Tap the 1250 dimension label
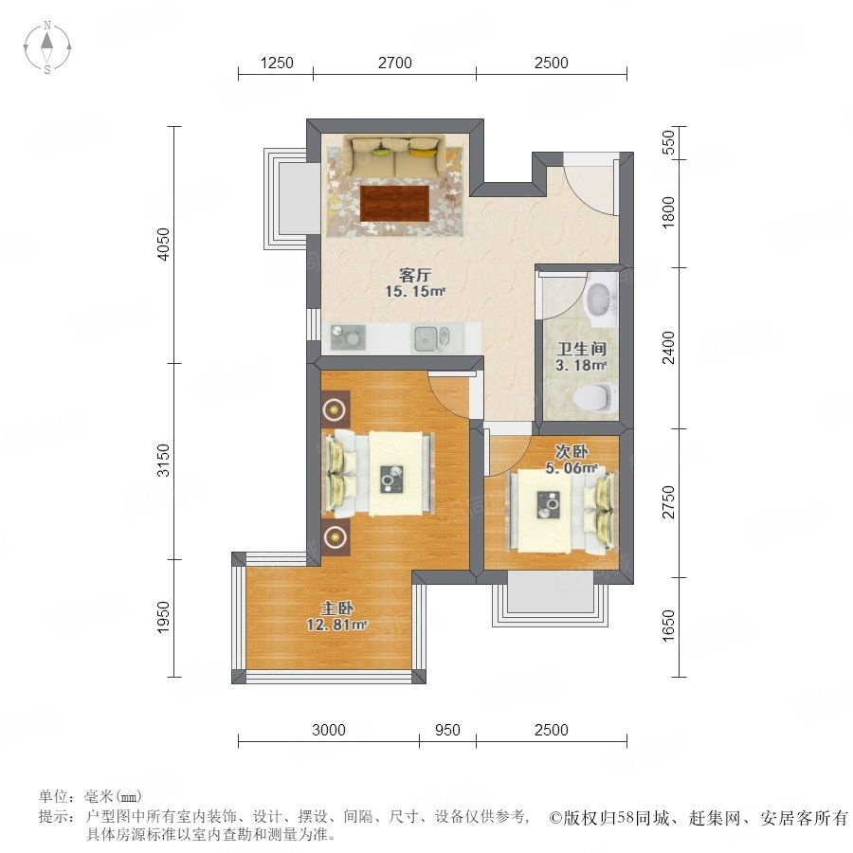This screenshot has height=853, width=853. [277, 64]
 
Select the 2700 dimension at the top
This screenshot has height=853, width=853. [395, 64]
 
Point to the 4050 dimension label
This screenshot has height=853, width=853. [163, 245]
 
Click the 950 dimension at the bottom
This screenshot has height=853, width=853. [447, 730]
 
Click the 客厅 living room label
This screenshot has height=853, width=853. [415, 275]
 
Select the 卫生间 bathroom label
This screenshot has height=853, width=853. [582, 348]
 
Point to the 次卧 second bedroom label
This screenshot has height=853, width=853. [572, 451]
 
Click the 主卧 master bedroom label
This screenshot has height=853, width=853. [336, 608]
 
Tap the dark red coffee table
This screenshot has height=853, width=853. [394, 204]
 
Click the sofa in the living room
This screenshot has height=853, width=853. [394, 156]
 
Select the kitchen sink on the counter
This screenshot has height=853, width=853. [432, 338]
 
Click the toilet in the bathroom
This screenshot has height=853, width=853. [597, 397]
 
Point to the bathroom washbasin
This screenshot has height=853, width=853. [601, 299]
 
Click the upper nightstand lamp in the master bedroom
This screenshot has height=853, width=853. [336, 409]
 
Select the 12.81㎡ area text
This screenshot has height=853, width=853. [336, 625]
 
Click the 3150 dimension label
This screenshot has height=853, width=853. [163, 461]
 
